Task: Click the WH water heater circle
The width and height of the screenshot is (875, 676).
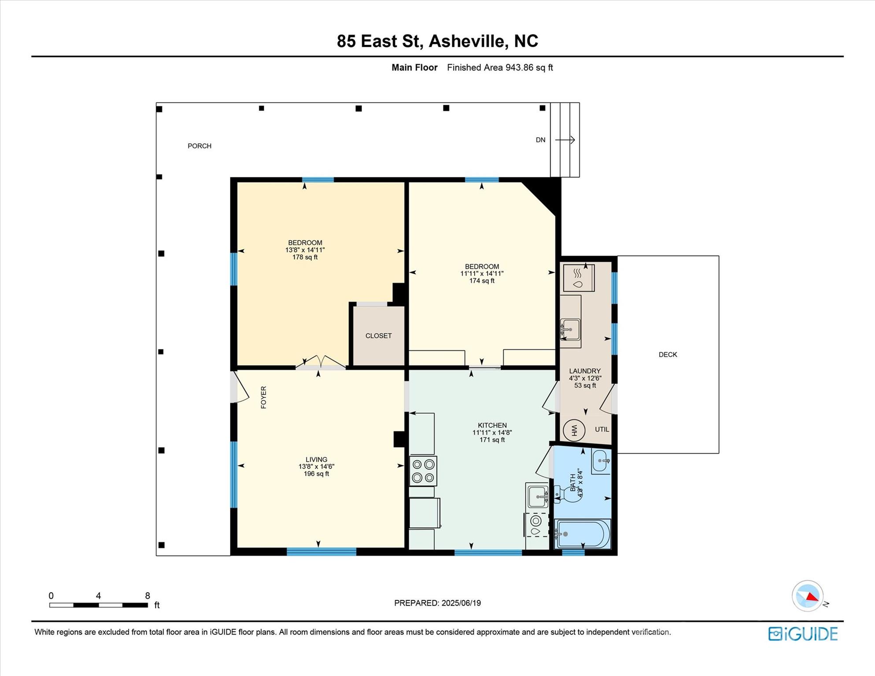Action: [574, 430]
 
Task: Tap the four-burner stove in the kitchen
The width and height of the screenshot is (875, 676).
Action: [423, 471]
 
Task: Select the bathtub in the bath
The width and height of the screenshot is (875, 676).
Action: [582, 534]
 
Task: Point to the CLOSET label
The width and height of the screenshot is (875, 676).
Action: [378, 336]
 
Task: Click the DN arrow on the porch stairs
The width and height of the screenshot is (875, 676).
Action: [565, 140]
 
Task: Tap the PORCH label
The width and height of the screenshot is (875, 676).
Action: [199, 146]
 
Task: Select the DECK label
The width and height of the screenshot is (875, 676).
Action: [668, 355]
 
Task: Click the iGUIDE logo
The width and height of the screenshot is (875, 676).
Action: [803, 634]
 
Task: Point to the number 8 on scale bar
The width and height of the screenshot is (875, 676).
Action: [148, 595]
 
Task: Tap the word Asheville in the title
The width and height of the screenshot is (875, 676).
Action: [467, 41]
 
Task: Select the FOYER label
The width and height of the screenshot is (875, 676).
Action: [264, 397]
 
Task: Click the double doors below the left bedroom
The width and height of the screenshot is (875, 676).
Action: [321, 362]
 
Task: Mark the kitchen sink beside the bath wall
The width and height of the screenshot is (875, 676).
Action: [537, 496]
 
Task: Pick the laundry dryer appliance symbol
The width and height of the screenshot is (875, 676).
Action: [579, 278]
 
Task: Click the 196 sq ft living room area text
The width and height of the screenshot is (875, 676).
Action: [316, 474]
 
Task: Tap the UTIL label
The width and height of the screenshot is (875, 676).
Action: [602, 430]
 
